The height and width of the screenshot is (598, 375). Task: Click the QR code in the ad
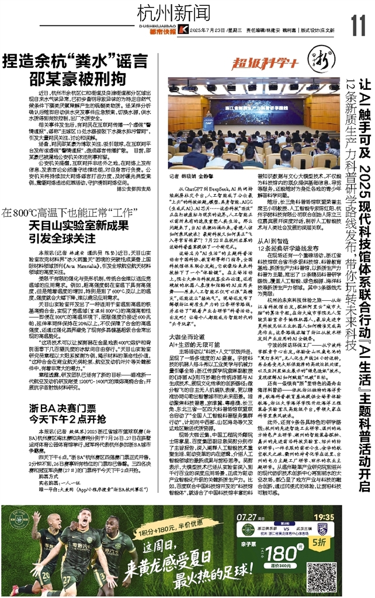pyautogui.click(x=350, y=564)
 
